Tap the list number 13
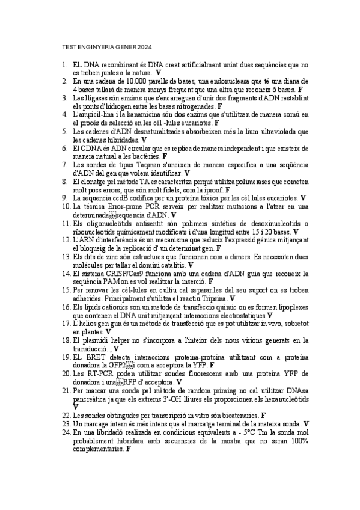pyautogui.click(x=66, y=256)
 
